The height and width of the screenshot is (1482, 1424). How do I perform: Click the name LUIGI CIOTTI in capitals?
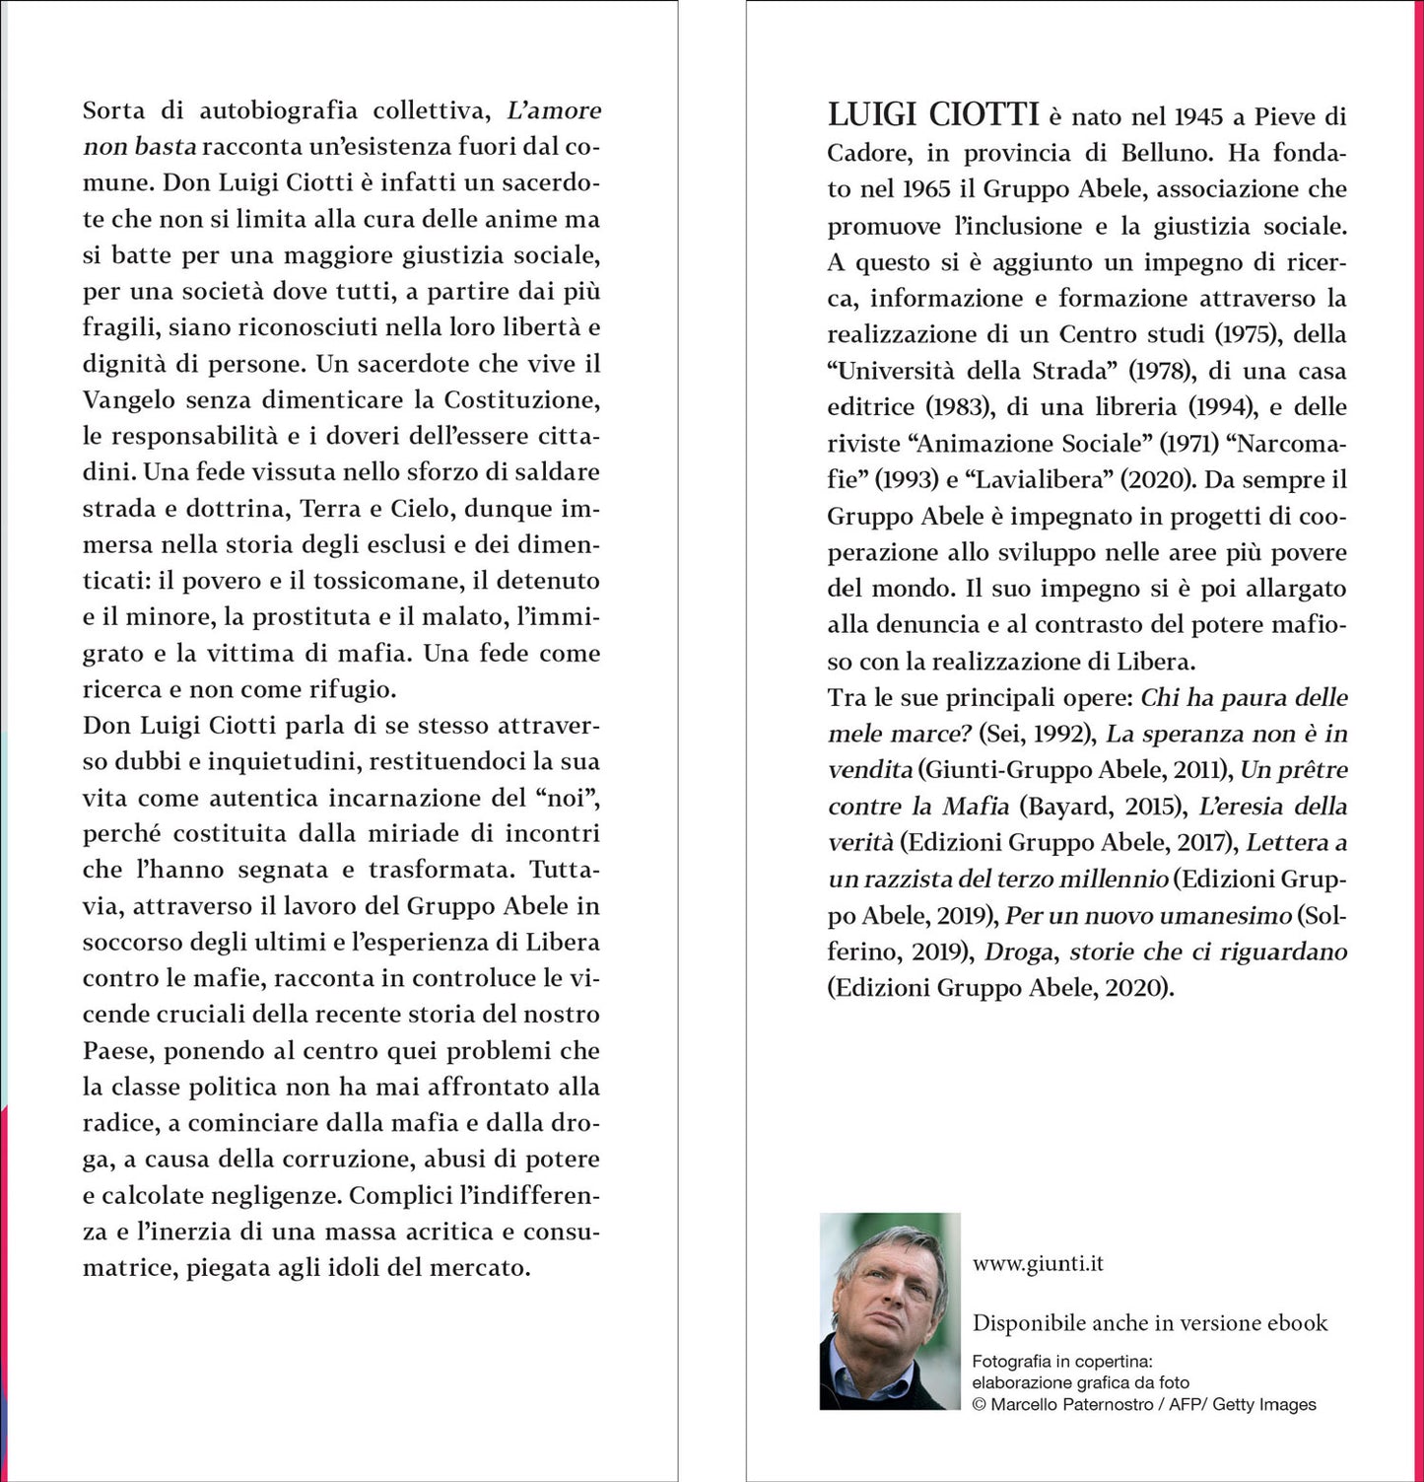pos(932,115)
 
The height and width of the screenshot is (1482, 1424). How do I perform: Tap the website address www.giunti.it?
pos(1037,1263)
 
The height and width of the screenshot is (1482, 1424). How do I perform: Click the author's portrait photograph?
pos(890,1310)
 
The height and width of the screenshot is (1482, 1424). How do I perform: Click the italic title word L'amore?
pos(553,110)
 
